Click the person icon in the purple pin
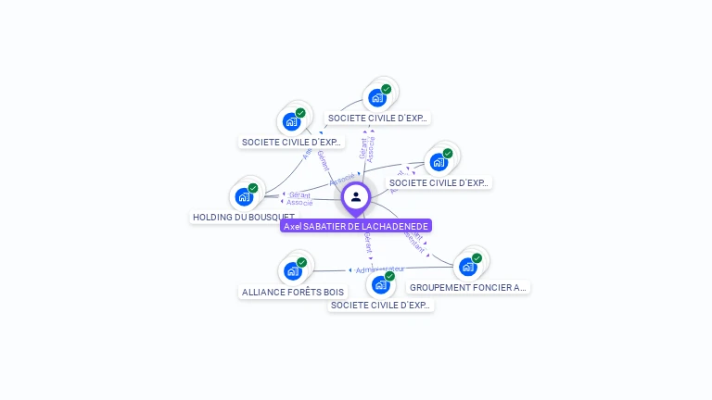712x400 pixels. pyautogui.click(x=356, y=196)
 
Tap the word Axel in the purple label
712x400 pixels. pyautogui.click(x=293, y=226)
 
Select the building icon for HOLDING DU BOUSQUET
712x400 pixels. pyautogui.click(x=244, y=196)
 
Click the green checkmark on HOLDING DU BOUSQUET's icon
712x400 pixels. pyautogui.click(x=253, y=188)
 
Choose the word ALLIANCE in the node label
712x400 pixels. pyautogui.click(x=262, y=292)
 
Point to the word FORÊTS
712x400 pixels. pyautogui.click(x=303, y=292)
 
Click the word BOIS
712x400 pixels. pyautogui.click(x=333, y=292)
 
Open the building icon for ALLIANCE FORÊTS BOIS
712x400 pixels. pyautogui.click(x=293, y=270)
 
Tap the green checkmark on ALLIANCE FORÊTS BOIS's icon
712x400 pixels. pyautogui.click(x=302, y=262)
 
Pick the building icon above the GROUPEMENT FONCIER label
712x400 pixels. pyautogui.click(x=467, y=267)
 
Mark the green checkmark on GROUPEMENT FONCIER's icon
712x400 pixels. pyautogui.click(x=477, y=258)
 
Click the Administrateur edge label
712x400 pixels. pyautogui.click(x=380, y=270)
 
